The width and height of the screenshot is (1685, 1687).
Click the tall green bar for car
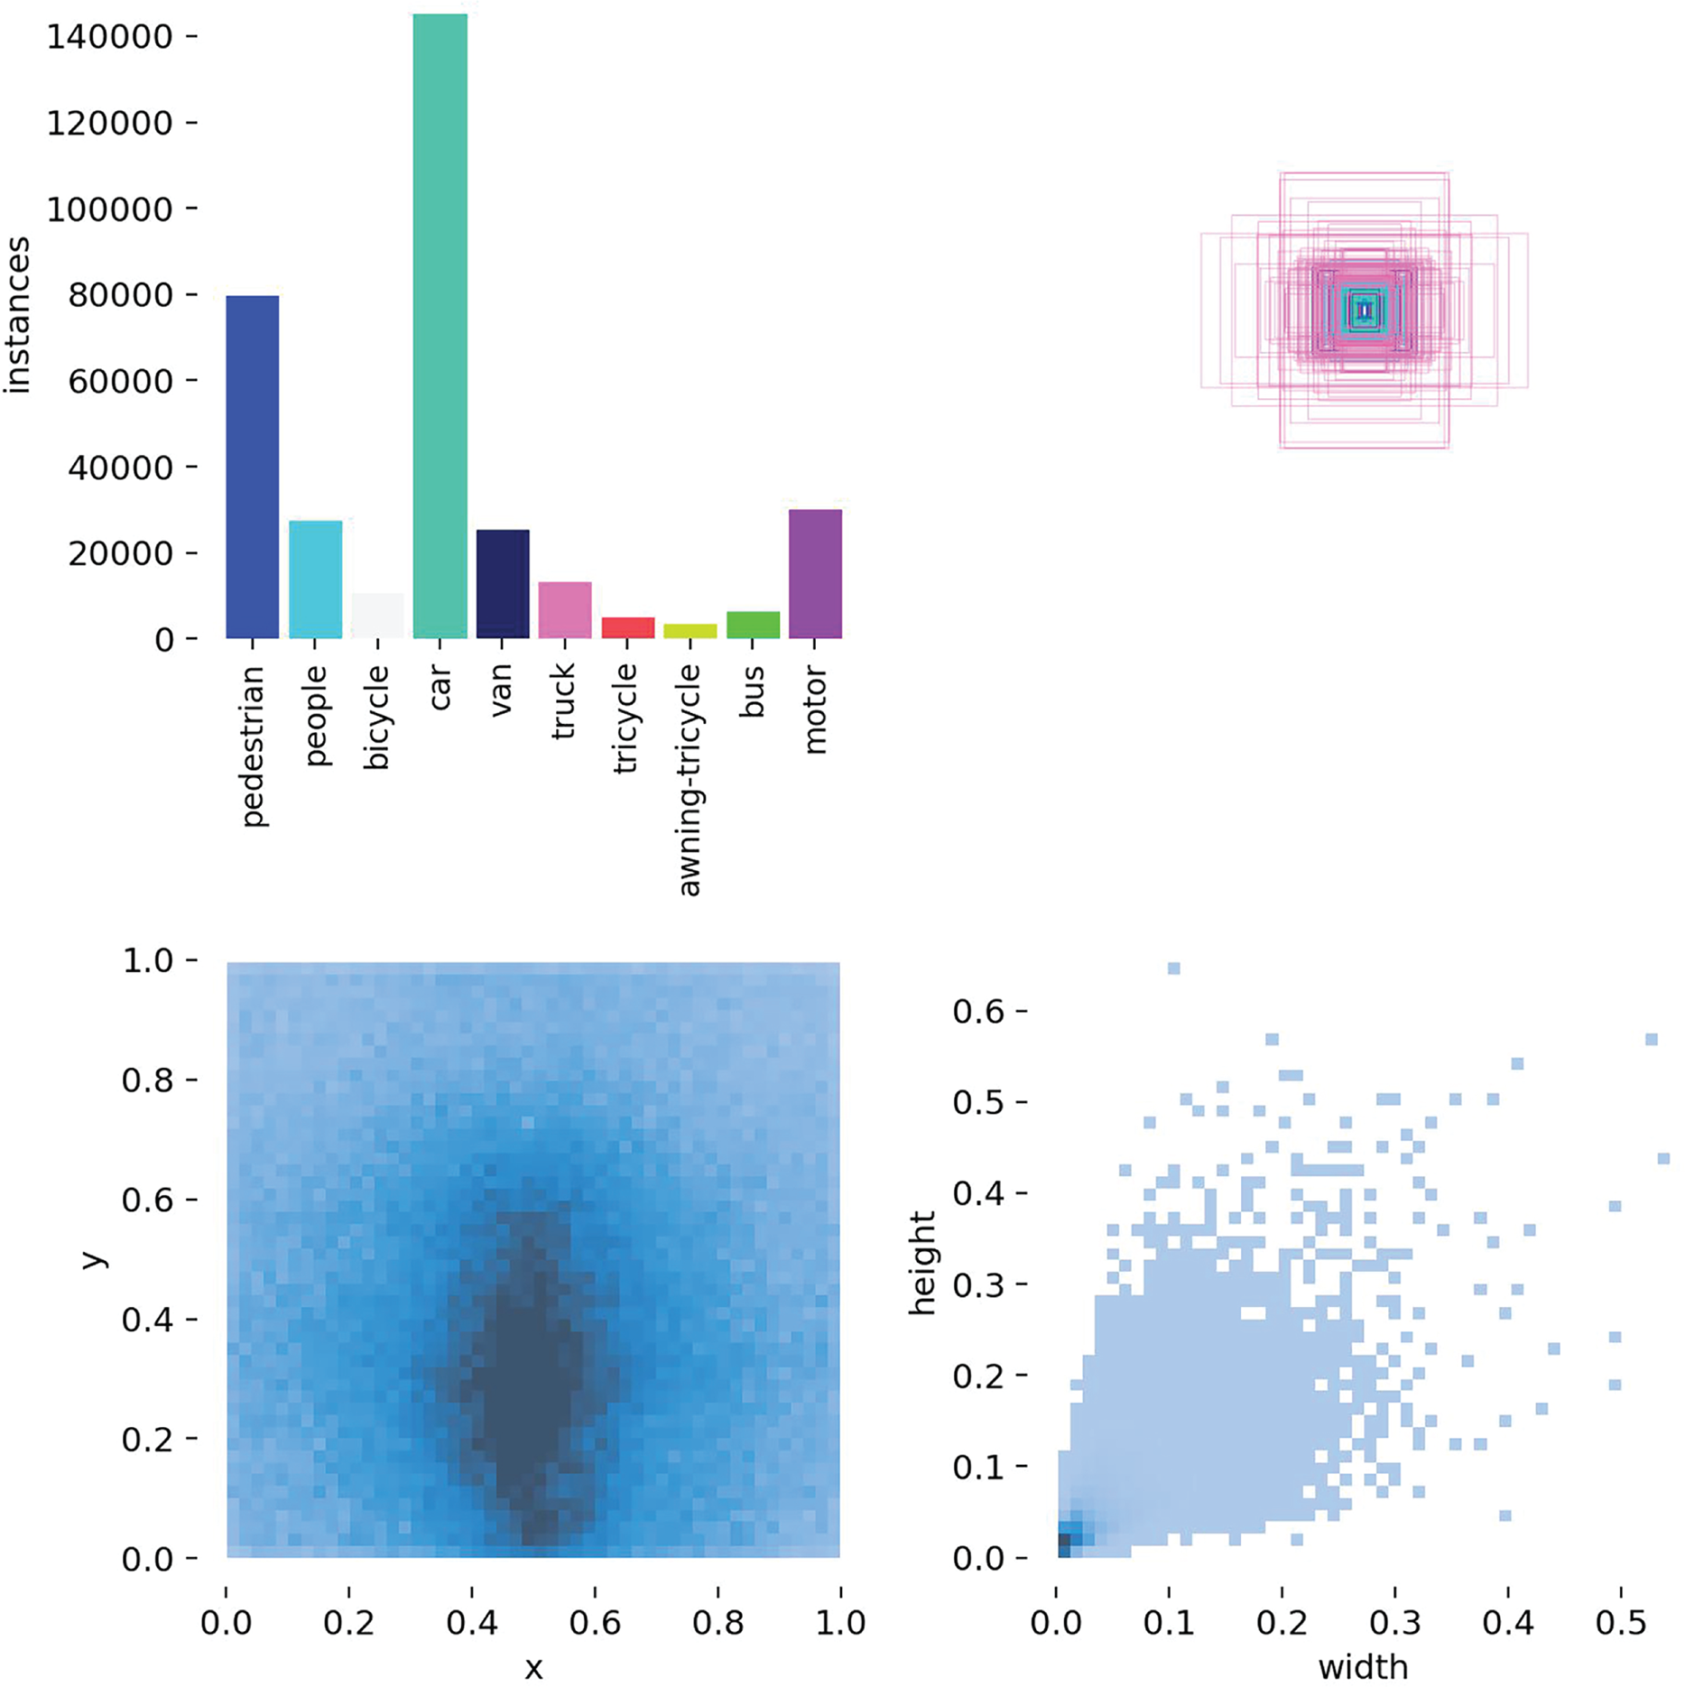point(440,325)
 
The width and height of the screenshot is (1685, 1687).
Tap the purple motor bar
point(814,574)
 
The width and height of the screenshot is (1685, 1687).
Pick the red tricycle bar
point(627,627)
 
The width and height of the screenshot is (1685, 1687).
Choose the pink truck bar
point(564,610)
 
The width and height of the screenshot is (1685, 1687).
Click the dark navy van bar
point(502,584)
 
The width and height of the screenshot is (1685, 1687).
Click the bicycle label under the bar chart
point(377,718)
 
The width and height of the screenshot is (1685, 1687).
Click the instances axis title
point(17,316)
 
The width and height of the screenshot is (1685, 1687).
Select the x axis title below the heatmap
point(533,1668)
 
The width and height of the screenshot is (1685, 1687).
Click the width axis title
point(1363,1666)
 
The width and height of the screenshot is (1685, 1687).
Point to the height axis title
point(922,1264)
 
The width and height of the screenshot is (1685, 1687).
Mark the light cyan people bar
point(315,579)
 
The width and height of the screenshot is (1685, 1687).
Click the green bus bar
point(752,625)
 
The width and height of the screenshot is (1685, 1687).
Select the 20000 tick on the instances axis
point(119,553)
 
